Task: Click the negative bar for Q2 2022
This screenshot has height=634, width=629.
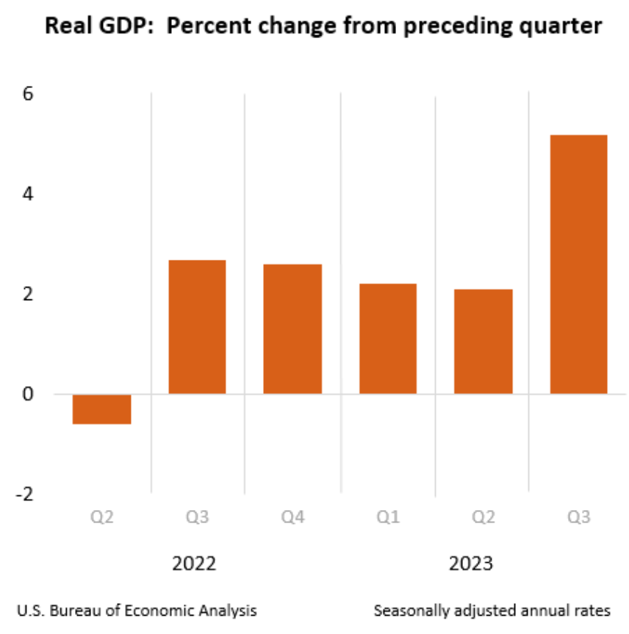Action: tap(102, 409)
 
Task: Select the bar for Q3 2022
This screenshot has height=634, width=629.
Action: tap(197, 327)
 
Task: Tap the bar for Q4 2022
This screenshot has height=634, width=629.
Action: tap(292, 329)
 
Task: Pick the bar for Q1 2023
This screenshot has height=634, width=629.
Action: tap(388, 339)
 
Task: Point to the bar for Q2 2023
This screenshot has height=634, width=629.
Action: tap(483, 342)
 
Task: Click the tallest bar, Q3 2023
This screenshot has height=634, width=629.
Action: tap(578, 264)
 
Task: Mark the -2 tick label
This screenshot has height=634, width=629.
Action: tap(24, 494)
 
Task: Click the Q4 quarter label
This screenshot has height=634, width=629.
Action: tap(292, 519)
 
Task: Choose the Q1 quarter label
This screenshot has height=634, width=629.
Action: tap(388, 519)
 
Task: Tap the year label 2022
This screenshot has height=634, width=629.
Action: tap(195, 564)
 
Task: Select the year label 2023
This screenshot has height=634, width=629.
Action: tap(471, 564)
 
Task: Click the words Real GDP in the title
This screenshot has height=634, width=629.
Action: tap(92, 27)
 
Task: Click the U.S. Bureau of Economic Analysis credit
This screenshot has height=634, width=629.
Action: tap(137, 611)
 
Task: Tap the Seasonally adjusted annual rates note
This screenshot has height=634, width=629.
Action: tap(492, 611)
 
